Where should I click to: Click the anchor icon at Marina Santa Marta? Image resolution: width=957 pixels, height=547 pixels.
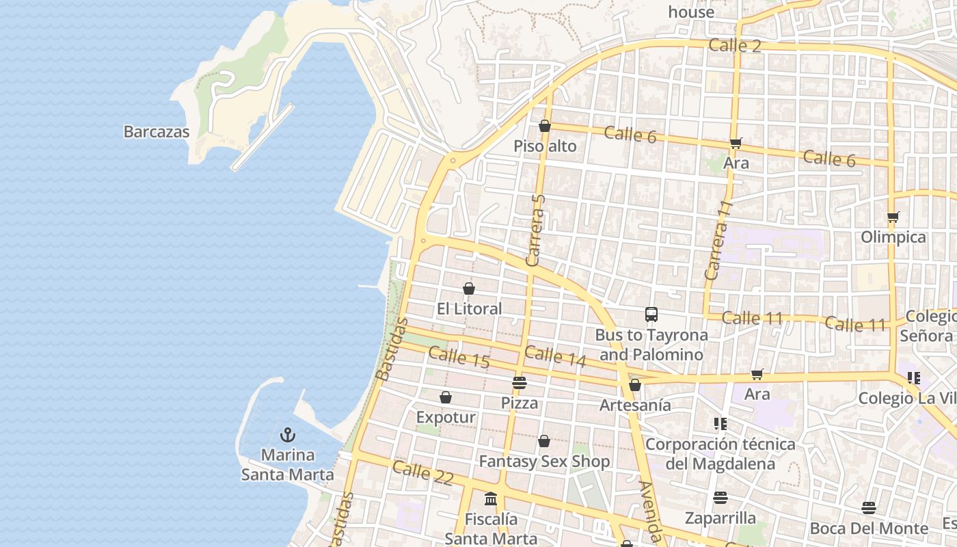288,435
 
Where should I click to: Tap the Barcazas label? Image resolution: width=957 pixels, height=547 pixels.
156,132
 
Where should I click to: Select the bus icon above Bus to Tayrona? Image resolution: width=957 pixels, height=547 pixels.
651,315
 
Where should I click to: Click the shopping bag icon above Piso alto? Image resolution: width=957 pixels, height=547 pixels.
545,126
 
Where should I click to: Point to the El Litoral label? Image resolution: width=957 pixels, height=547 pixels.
469,309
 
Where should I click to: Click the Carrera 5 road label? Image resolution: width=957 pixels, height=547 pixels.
537,230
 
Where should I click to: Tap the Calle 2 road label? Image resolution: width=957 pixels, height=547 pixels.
734,46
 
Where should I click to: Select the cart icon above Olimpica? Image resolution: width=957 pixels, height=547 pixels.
893,217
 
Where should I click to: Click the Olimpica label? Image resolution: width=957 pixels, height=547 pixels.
893,237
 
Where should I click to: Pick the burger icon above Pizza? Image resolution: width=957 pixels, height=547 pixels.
520,383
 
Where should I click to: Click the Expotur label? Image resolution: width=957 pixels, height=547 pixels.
446,417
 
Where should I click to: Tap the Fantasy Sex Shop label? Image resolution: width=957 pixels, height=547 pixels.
544,462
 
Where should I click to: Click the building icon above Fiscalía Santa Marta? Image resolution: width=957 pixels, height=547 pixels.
491,498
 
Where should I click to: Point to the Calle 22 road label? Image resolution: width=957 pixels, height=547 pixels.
422,472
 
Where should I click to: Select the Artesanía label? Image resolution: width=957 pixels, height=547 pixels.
635,405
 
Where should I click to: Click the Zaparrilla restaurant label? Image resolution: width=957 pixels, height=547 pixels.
720,518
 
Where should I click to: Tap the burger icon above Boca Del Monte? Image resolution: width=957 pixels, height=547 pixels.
869,508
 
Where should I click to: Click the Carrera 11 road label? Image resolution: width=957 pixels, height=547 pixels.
718,240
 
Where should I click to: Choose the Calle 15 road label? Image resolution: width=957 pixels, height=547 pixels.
459,358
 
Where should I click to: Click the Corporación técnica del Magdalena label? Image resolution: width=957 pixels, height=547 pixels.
720,454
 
